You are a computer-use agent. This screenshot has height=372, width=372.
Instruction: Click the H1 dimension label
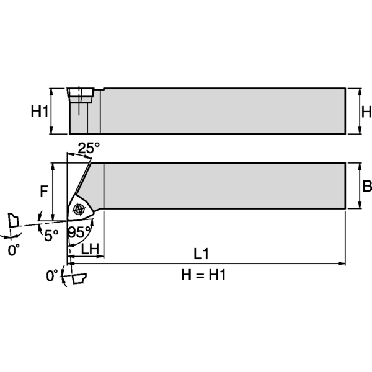point(40,112)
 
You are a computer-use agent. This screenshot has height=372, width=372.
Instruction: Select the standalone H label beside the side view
point(366,112)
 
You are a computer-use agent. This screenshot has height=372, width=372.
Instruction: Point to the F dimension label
point(43,192)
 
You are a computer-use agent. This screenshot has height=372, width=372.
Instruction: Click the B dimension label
point(366,186)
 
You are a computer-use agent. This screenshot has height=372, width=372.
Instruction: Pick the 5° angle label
point(50,234)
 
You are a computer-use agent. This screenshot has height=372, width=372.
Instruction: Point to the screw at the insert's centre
point(78,210)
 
